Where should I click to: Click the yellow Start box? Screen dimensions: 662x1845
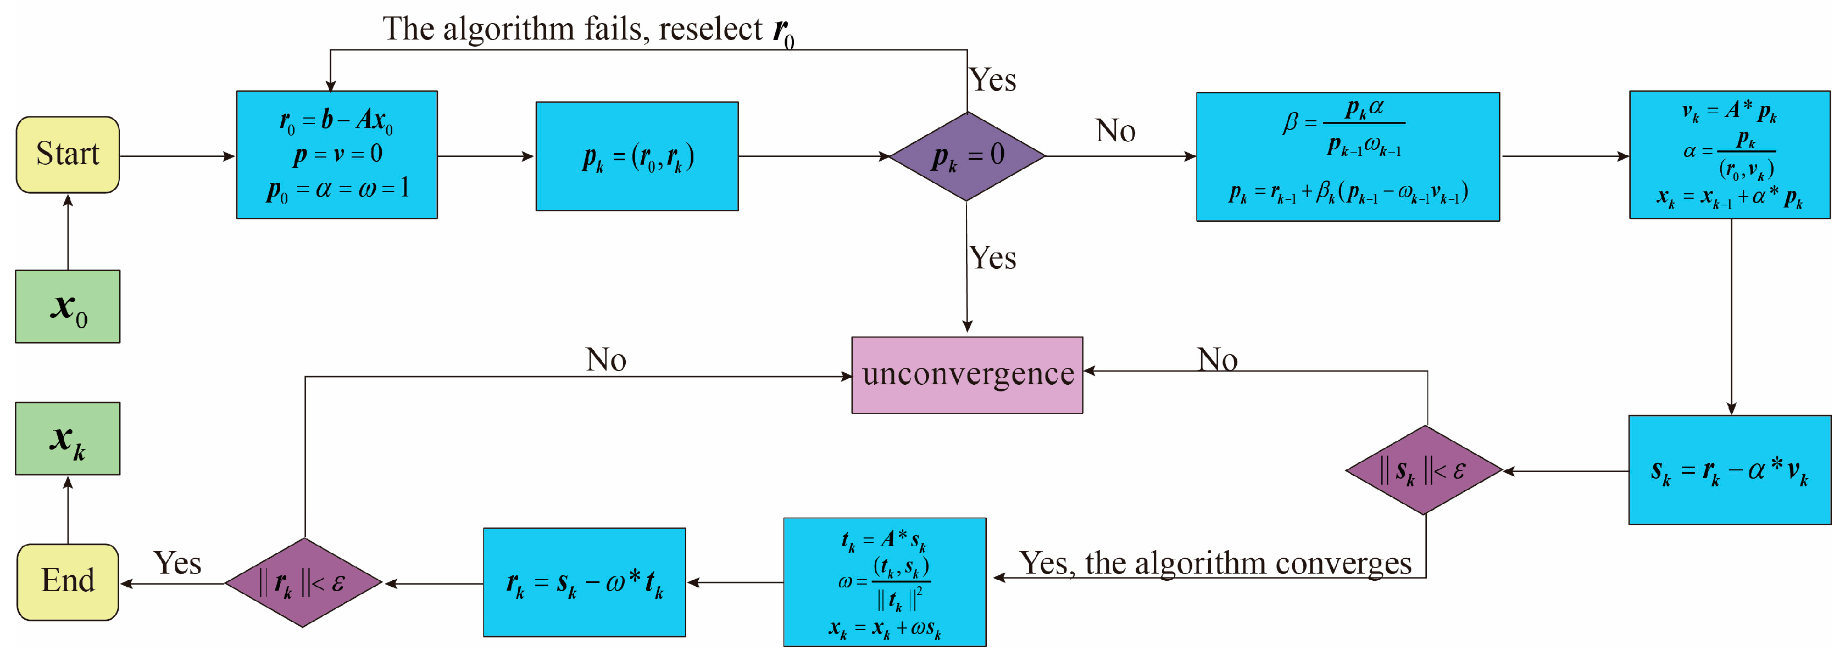(x=68, y=155)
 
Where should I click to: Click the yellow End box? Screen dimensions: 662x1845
(x=68, y=581)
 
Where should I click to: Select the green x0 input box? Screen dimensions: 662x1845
(x=68, y=306)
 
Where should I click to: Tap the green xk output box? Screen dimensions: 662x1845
(x=68, y=438)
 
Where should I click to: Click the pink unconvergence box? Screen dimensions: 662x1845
(x=967, y=375)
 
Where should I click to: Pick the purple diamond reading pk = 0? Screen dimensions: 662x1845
(x=967, y=156)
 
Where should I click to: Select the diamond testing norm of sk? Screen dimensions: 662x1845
(x=1424, y=470)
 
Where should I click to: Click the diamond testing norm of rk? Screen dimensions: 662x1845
(x=304, y=582)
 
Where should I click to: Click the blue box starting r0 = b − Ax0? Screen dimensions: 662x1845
(x=337, y=155)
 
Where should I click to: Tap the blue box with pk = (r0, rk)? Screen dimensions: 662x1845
(x=637, y=156)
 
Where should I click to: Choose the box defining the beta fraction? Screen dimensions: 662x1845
(x=1347, y=157)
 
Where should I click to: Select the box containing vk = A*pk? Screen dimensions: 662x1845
(x=1729, y=155)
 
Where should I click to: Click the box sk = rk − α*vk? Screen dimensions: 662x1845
(x=1729, y=470)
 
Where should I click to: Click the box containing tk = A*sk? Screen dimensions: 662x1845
(x=885, y=582)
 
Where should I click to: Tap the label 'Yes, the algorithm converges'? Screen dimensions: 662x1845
(x=1215, y=563)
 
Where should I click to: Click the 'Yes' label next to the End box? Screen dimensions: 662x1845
(x=177, y=563)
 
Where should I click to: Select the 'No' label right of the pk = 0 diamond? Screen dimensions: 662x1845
(x=1115, y=131)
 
